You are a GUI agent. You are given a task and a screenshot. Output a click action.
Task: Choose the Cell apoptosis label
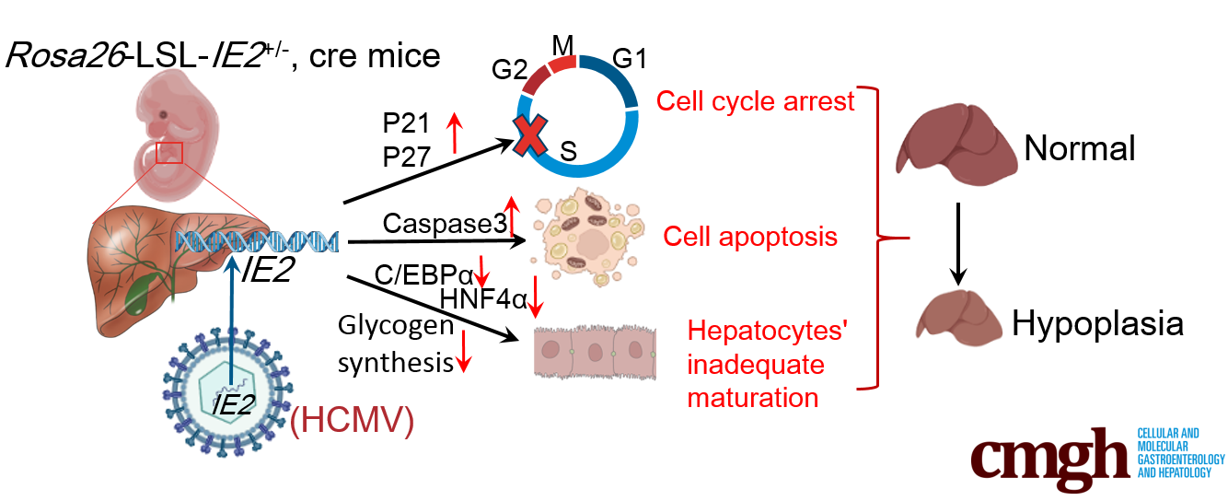[750, 237]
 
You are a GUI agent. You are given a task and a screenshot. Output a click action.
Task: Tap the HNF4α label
[482, 298]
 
